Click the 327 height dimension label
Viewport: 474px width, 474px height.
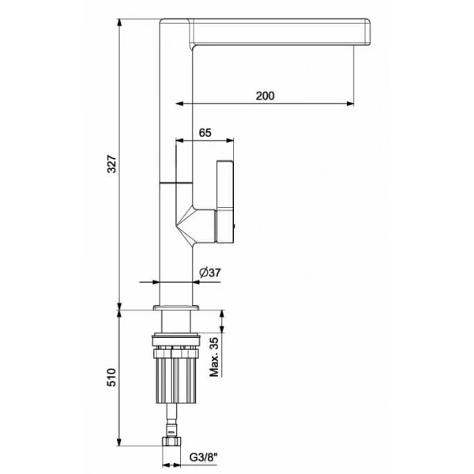[112, 164]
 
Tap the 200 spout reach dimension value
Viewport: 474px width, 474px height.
[265, 96]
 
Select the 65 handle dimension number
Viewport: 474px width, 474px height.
[205, 133]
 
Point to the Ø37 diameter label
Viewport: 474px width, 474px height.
[210, 273]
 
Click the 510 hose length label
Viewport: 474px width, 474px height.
[111, 378]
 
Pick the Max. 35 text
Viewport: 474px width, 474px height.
[214, 357]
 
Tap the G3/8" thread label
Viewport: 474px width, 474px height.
[204, 457]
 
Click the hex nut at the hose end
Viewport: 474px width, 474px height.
[171, 441]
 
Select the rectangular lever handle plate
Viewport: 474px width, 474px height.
[225, 201]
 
